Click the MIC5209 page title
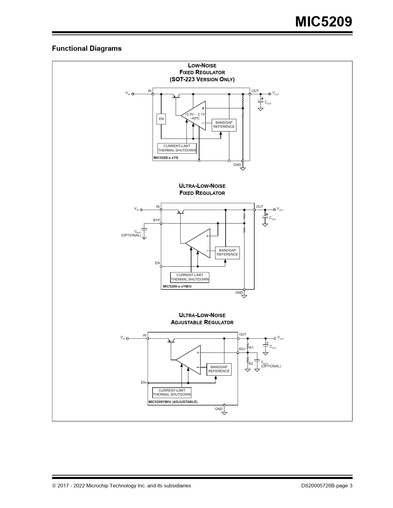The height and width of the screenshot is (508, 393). tap(323, 22)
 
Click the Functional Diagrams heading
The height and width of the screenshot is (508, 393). tap(87, 48)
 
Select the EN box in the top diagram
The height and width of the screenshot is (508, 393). tap(161, 119)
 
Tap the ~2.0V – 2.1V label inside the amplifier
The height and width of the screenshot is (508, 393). tap(195, 114)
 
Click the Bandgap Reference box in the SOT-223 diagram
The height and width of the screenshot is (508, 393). tap(224, 125)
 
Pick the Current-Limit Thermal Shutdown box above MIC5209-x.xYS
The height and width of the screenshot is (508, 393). tap(177, 148)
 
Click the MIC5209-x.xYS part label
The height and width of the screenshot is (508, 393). tap(166, 158)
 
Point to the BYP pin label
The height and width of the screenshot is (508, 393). tap(157, 220)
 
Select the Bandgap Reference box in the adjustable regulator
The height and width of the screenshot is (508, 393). tap(219, 369)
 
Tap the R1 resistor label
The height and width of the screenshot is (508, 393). tap(251, 348)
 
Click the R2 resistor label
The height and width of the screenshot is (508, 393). tap(251, 364)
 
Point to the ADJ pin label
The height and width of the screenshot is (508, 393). tap(242, 349)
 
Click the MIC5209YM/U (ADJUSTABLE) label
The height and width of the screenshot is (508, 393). tap(173, 402)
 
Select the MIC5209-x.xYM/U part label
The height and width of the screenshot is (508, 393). tap(177, 286)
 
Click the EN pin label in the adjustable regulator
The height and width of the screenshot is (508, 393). tap(143, 382)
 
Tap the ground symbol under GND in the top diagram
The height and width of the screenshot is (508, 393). tap(243, 169)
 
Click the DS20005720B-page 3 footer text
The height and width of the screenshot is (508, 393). tap(327, 486)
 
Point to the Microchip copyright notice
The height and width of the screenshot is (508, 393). tap(121, 486)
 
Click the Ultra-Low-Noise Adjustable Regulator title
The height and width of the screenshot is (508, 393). tap(202, 319)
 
